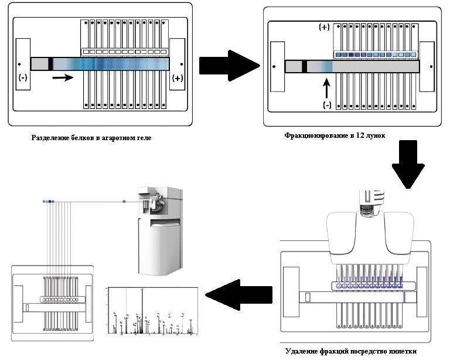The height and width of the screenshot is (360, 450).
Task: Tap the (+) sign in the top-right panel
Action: [x=323, y=28]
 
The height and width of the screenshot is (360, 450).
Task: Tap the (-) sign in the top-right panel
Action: [x=326, y=105]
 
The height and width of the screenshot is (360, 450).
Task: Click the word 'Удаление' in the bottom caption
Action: [x=303, y=351]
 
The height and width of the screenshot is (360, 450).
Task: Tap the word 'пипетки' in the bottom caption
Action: [x=402, y=351]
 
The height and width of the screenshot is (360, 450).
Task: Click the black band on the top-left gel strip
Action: [x=51, y=64]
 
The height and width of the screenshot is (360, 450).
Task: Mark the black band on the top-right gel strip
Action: [x=305, y=66]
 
